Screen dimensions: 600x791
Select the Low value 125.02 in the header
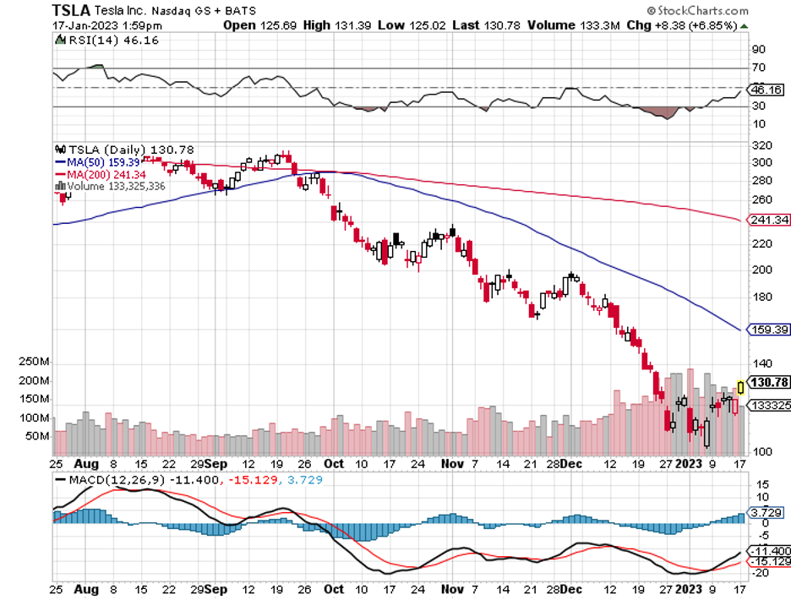coord(424,25)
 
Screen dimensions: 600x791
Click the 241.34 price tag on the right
coord(768,220)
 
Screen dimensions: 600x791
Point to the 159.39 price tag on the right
coord(768,329)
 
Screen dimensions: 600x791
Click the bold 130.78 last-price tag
coord(769,382)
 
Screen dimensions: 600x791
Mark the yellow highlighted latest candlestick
coord(742,387)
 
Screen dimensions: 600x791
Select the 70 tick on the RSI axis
coord(758,68)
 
